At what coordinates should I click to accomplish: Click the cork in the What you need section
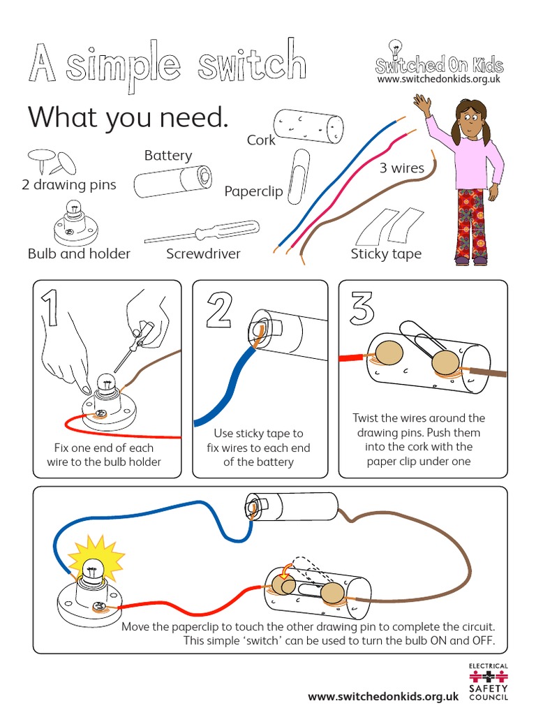pyautogui.click(x=308, y=126)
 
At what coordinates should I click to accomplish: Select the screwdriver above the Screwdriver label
pyautogui.click(x=202, y=233)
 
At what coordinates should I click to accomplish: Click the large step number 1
pyautogui.click(x=50, y=309)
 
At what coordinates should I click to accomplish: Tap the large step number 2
pyautogui.click(x=219, y=311)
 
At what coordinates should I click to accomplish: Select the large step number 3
pyautogui.click(x=362, y=307)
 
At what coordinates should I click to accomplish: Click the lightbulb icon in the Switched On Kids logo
pyautogui.click(x=395, y=48)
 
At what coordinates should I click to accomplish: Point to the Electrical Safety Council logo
pyautogui.click(x=488, y=681)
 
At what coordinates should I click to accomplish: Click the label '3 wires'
pyautogui.click(x=401, y=168)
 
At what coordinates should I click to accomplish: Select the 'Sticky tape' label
pyautogui.click(x=386, y=254)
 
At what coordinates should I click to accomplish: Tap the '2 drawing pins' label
pyautogui.click(x=69, y=184)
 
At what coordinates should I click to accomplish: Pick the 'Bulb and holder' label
pyautogui.click(x=79, y=253)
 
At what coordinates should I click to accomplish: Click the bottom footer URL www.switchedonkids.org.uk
pyautogui.click(x=383, y=696)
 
